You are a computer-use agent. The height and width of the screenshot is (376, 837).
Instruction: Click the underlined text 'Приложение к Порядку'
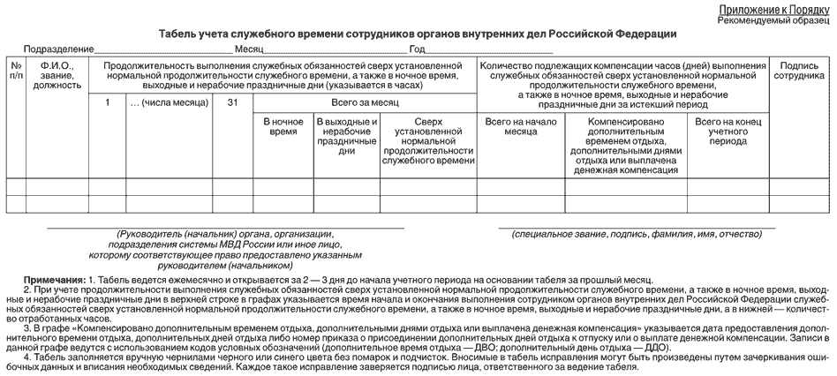[x=774, y=9]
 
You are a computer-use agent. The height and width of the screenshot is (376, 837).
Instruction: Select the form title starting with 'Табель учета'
[x=418, y=34]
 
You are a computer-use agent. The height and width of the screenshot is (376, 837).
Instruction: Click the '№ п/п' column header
[x=15, y=71]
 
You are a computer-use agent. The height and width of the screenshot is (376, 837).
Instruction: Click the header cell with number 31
[x=232, y=103]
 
